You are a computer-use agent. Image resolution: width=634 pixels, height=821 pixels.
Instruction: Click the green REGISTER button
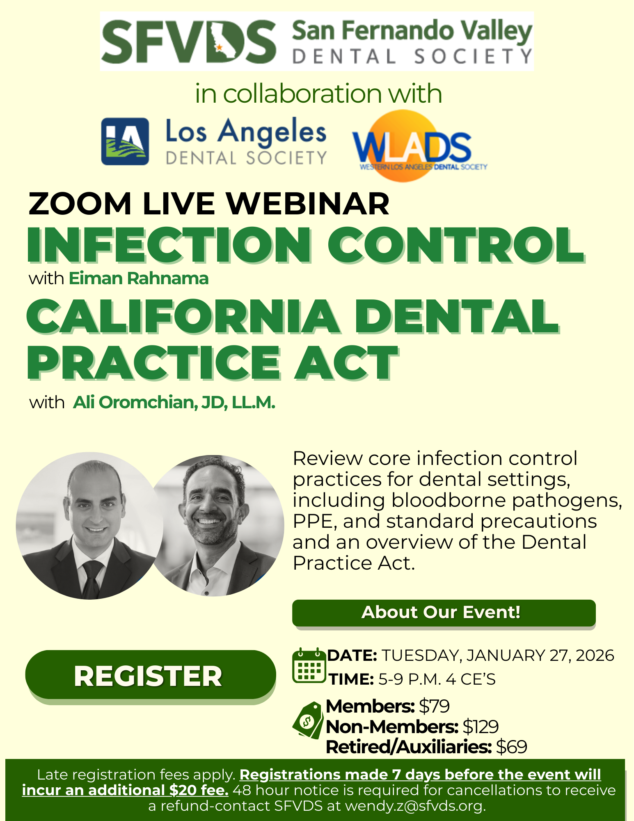150,675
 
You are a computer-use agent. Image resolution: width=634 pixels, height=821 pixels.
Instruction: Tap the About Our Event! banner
444,612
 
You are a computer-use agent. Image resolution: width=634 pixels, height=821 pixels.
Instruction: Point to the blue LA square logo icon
125,141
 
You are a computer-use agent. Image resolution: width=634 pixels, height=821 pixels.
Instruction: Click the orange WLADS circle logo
414,146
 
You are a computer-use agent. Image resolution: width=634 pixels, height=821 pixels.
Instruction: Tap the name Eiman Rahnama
139,278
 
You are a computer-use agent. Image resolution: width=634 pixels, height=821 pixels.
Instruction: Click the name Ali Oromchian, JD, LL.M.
174,402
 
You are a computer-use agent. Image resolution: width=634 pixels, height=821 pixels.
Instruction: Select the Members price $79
434,706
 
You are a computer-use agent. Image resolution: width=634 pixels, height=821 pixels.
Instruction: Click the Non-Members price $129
481,727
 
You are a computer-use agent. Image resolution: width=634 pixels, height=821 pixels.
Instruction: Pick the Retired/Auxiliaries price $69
511,747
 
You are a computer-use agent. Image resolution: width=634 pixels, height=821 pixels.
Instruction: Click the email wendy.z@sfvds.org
415,806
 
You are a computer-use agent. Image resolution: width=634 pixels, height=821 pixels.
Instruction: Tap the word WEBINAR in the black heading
307,204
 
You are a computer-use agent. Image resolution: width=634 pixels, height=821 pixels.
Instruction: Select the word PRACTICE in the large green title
154,362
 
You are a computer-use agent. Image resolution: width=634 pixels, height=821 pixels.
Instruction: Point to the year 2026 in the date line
595,656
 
